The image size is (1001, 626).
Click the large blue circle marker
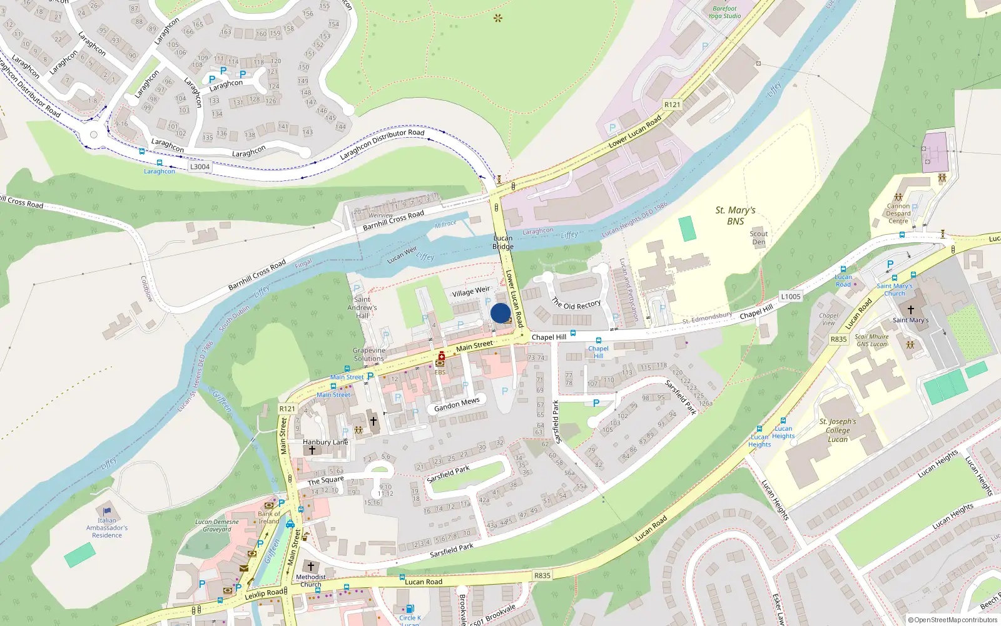pos(500,313)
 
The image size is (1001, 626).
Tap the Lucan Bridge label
pos(503,242)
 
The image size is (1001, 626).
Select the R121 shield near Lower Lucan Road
pos(672,105)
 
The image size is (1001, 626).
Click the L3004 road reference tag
pos(200,167)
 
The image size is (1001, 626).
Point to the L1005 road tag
pos(791,297)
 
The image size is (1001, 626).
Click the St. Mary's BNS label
pos(735,215)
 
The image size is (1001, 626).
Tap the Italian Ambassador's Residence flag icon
pos(107,511)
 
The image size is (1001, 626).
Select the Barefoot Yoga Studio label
pos(724,13)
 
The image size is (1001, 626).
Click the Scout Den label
pos(759,238)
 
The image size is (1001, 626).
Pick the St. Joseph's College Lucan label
pos(838,430)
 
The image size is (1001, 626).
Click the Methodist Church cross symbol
pos(310,567)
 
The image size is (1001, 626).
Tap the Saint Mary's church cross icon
pos(911,310)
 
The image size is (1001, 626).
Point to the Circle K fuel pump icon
pos(410,608)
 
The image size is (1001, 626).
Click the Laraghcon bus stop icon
pos(160,163)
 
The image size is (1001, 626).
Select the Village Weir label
pos(471,292)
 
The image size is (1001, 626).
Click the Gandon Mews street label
pos(457,404)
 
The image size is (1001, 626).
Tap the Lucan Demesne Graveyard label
pos(216,525)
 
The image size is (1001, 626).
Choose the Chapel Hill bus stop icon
pos(599,341)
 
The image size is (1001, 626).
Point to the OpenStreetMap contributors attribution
pos(953,620)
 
